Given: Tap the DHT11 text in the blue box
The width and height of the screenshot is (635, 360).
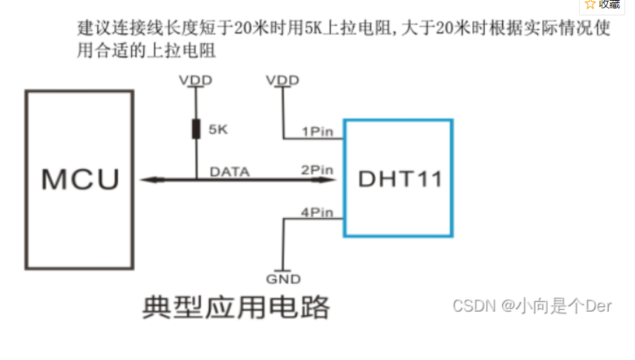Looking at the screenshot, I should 400,179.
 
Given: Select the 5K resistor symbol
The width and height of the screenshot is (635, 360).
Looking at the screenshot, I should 196,129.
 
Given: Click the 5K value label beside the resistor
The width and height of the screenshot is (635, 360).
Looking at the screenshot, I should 219,130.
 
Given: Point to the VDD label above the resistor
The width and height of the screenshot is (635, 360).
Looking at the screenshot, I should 196,80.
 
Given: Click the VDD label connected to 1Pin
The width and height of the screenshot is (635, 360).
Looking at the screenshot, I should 282,80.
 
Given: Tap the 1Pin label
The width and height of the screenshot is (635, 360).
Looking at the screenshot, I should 317,131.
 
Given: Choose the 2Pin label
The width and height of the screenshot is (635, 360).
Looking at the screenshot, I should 317,170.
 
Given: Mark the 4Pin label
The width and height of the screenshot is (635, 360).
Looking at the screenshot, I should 317,213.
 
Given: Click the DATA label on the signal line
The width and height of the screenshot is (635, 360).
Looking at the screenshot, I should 230,171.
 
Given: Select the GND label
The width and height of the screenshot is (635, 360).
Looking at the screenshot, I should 283,279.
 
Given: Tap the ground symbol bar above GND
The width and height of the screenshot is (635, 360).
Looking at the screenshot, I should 283,270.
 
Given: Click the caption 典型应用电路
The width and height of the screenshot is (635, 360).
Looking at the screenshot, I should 235,308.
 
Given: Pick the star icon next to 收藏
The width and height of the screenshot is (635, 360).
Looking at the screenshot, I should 590,4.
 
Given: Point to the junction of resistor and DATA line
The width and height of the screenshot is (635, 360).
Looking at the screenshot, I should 196,180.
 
